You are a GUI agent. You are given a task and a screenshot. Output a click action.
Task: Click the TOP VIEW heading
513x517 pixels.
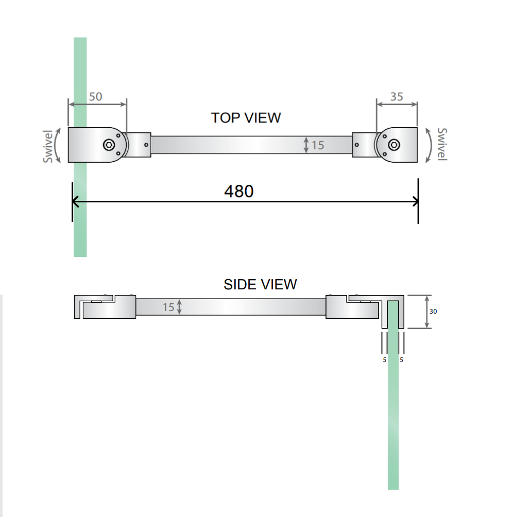click(246, 118)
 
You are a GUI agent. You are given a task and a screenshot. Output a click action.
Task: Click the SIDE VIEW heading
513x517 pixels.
click(260, 285)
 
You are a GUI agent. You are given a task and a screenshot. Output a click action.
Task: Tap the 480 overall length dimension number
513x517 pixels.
click(238, 191)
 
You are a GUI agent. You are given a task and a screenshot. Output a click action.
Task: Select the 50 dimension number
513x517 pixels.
click(96, 97)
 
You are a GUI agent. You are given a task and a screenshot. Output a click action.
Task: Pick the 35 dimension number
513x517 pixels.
click(397, 97)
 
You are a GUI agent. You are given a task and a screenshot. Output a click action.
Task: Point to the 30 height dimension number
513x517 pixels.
click(433, 311)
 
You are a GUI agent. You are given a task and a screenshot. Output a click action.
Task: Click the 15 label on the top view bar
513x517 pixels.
click(318, 145)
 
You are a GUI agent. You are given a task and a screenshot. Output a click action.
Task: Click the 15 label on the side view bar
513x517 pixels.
click(168, 307)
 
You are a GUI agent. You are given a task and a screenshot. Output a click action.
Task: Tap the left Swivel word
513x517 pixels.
click(48, 146)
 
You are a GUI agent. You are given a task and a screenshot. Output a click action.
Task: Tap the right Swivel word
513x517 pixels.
click(442, 144)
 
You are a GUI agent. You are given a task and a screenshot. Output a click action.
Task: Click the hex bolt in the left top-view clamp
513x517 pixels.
click(109, 145)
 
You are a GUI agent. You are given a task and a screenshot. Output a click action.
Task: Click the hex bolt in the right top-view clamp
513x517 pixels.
click(394, 145)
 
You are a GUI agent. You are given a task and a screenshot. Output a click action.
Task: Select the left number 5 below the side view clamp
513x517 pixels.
click(384, 360)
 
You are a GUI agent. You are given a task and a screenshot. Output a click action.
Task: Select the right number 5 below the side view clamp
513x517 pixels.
click(401, 360)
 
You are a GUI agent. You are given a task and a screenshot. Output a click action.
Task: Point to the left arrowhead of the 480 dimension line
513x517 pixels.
click(75, 201)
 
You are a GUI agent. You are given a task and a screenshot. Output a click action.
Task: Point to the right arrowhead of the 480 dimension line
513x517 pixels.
click(416, 201)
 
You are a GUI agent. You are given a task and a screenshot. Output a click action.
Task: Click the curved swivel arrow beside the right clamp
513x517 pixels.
click(430, 145)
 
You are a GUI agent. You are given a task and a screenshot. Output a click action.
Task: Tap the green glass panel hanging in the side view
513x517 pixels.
click(393, 395)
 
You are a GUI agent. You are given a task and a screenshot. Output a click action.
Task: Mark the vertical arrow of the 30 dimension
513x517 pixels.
click(427, 312)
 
